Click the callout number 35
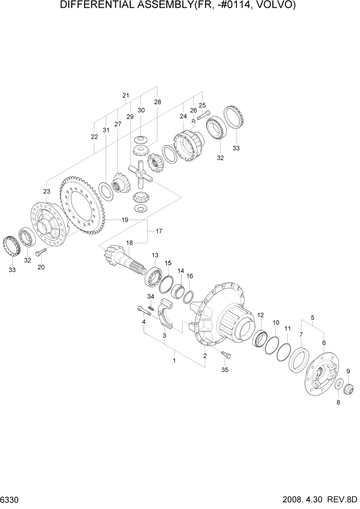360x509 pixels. pyautogui.click(x=225, y=369)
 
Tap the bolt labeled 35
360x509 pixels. pyautogui.click(x=226, y=355)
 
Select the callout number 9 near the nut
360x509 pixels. pyautogui.click(x=348, y=371)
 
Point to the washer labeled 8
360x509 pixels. pyautogui.click(x=339, y=384)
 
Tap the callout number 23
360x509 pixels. pyautogui.click(x=47, y=191)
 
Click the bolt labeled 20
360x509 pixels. pyautogui.click(x=41, y=252)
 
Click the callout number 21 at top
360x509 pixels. pyautogui.click(x=125, y=95)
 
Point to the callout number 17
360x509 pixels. pyautogui.click(x=159, y=231)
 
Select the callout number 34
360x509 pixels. pyautogui.click(x=151, y=297)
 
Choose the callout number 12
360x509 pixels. pyautogui.click(x=261, y=315)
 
